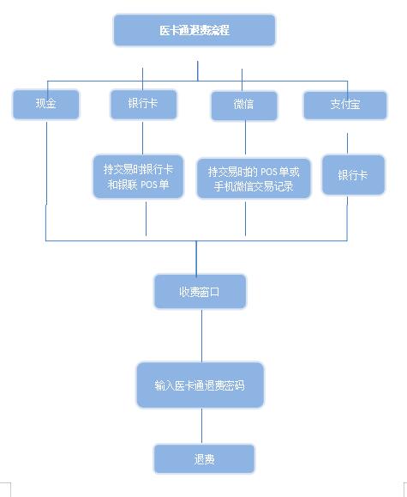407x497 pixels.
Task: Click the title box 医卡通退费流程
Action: (x=195, y=30)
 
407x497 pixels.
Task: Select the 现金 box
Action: (x=46, y=104)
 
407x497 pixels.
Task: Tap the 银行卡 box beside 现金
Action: (x=143, y=104)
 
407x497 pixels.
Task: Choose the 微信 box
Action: (x=244, y=106)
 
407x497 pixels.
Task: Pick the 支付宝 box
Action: (x=345, y=106)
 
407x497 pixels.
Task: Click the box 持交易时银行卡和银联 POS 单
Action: (x=138, y=177)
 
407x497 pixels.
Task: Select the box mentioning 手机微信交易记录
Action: (x=254, y=179)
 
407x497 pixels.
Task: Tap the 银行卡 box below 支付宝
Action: (x=353, y=174)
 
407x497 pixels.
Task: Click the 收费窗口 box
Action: (x=200, y=291)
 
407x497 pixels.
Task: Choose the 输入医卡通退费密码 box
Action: (x=200, y=385)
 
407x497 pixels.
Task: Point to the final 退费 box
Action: (x=204, y=458)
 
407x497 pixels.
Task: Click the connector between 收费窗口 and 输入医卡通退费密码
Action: (x=202, y=336)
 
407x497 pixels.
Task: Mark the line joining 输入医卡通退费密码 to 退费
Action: (x=202, y=426)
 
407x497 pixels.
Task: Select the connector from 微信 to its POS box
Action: (x=245, y=137)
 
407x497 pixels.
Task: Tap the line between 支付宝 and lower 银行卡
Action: (x=348, y=143)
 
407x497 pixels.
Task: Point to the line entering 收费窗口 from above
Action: (x=196, y=258)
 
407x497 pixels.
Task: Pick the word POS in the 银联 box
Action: (x=149, y=185)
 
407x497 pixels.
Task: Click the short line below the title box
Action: (x=198, y=71)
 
